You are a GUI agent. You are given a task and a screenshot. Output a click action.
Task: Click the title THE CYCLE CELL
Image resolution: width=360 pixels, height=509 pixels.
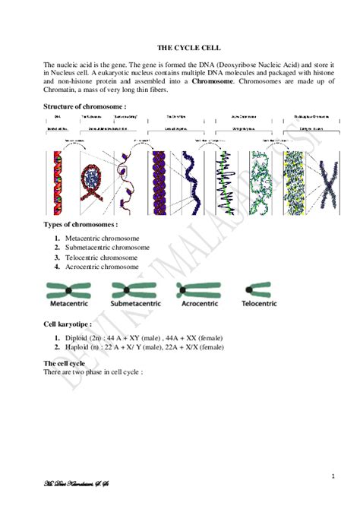click(179, 47)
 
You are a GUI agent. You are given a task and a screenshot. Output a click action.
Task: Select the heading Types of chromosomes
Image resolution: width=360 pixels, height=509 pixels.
click(81, 226)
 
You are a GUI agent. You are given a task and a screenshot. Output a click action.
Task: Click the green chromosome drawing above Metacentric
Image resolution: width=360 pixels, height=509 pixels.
click(68, 289)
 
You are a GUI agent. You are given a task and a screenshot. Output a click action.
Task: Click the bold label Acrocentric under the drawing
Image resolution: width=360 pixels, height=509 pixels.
click(197, 303)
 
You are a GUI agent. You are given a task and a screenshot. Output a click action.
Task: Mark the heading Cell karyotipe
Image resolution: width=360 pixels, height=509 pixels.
click(68, 324)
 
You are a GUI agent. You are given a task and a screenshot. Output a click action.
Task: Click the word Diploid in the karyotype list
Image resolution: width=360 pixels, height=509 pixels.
click(77, 337)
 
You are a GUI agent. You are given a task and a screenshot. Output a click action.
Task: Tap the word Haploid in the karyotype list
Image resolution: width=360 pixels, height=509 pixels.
click(78, 347)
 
